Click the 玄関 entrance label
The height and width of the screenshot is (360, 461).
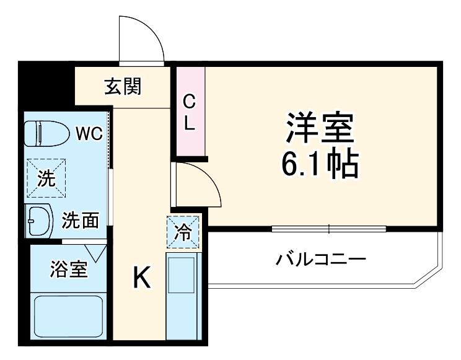[x=122, y=87]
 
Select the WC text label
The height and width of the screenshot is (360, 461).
[x=89, y=133]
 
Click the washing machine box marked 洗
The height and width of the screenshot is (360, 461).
[x=45, y=178]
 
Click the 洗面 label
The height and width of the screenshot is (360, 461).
[x=80, y=220]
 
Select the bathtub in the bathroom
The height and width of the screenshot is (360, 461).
[x=68, y=317]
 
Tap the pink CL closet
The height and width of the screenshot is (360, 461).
[x=190, y=112]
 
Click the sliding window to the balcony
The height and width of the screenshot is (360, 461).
[x=328, y=229]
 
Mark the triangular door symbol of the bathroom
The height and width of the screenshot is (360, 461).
[x=96, y=252]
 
